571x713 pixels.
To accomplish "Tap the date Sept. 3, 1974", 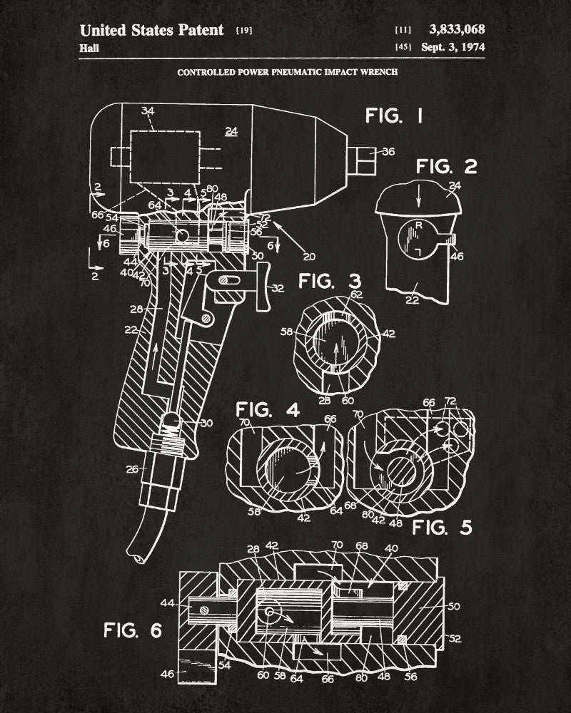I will pos(457,48).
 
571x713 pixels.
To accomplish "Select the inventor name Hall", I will pos(89,48).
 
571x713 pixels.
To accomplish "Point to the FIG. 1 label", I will pos(393,116).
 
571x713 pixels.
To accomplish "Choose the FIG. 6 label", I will pos(133,630).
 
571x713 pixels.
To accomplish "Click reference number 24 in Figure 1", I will pos(231,130).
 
